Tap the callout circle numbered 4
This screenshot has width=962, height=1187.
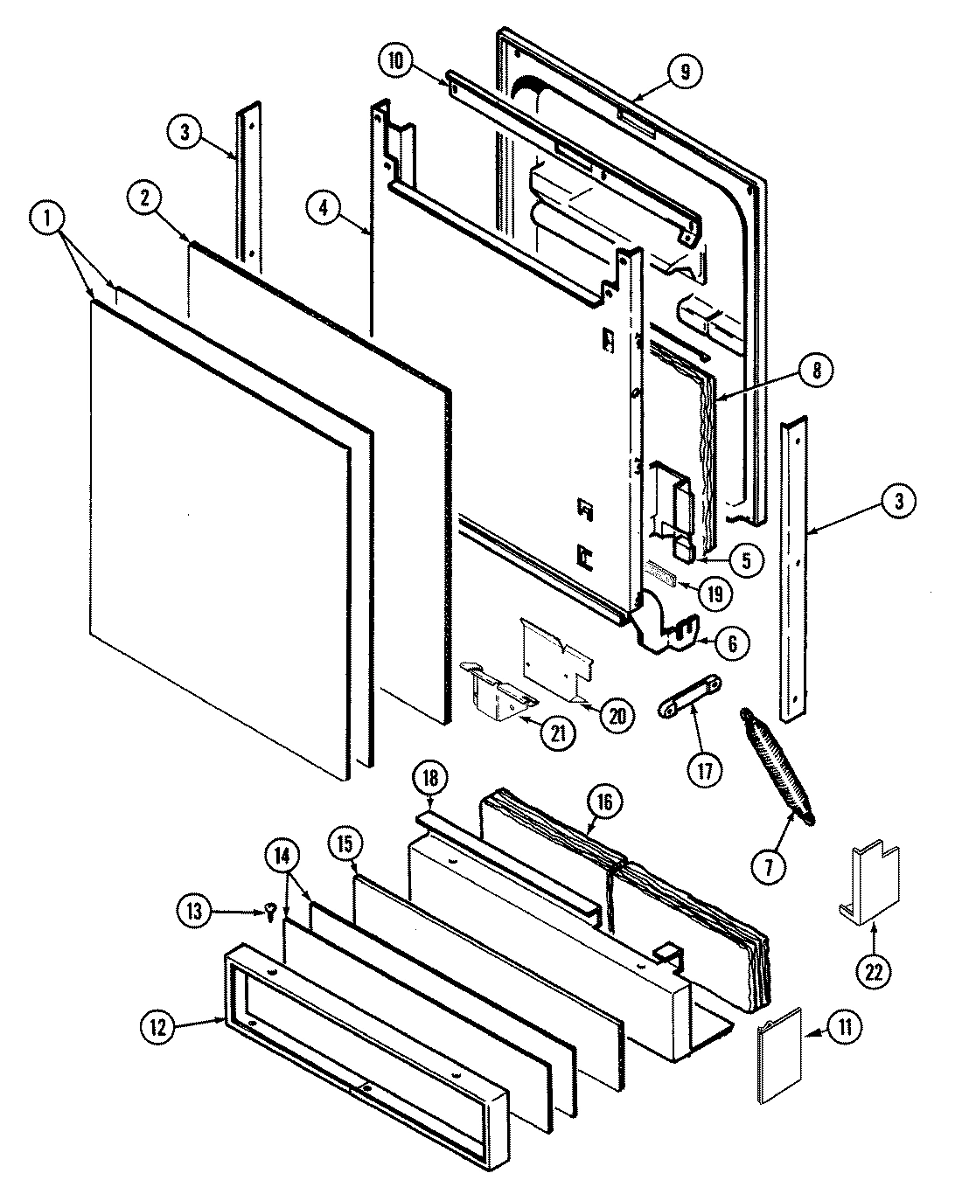point(324,208)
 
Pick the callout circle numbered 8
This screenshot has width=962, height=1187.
point(815,370)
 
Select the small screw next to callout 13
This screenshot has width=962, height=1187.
point(270,912)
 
